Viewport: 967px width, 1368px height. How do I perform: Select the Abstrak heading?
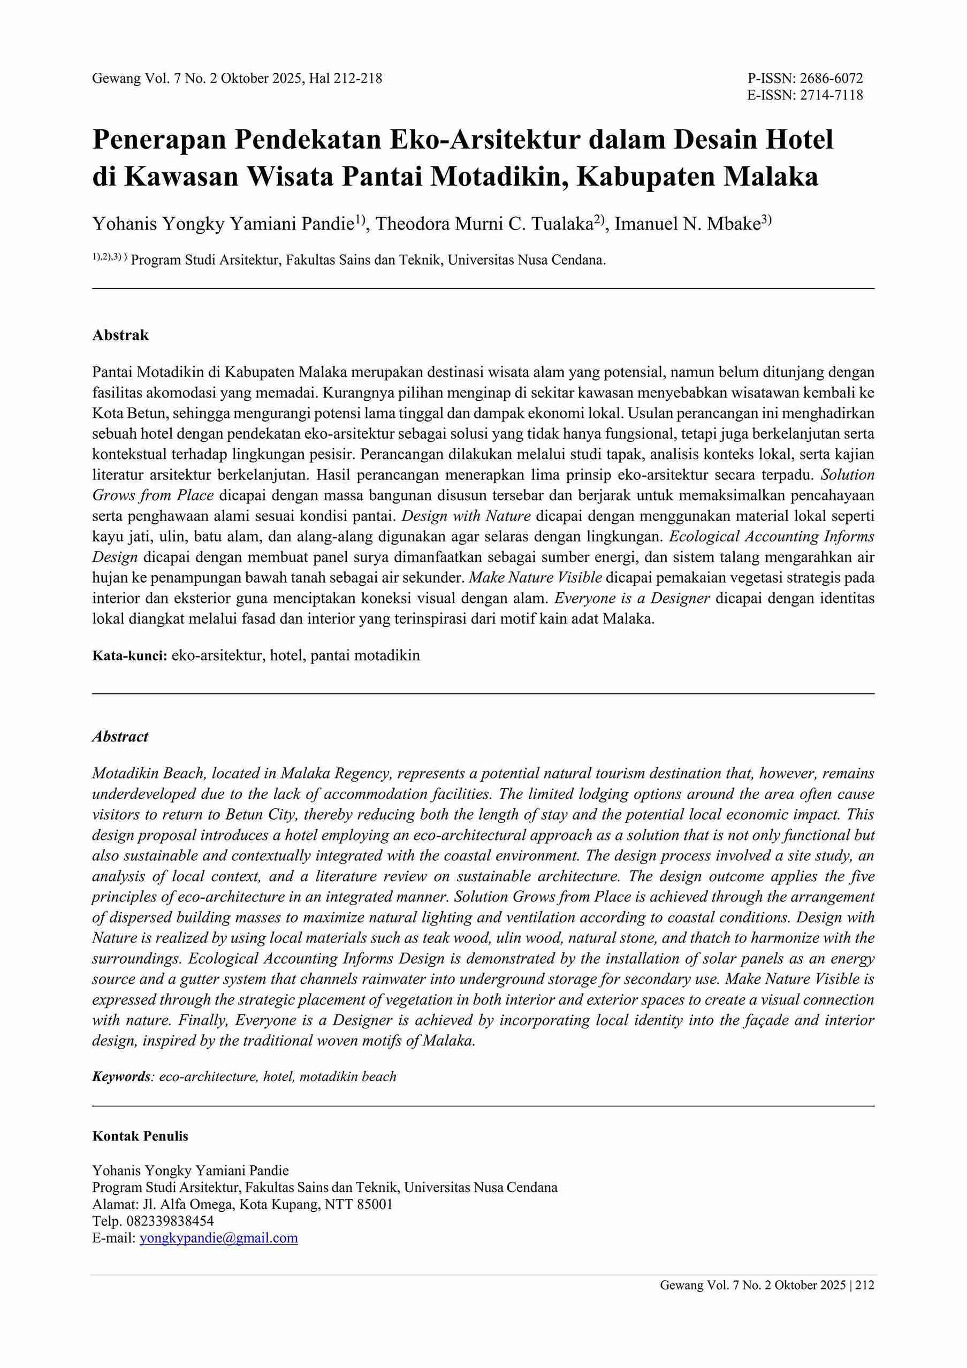[120, 335]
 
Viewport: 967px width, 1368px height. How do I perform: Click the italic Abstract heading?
[120, 737]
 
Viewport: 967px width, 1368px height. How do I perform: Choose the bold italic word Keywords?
[120, 1076]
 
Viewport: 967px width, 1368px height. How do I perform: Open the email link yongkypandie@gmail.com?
[219, 1238]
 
